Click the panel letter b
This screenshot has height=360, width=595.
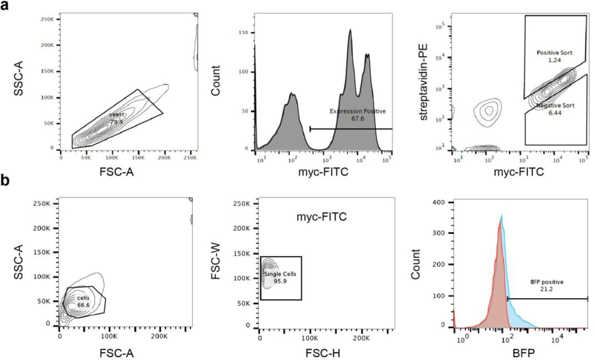pos(5,180)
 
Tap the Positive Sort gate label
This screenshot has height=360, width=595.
pos(554,53)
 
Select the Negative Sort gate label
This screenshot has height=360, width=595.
pos(555,105)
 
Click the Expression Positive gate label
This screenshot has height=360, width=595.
pos(357,111)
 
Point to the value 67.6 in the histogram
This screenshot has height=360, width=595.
pos(357,119)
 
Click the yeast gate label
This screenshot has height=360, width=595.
pos(117,114)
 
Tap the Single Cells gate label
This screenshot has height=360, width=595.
pos(280,274)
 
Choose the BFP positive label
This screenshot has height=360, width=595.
pos(547,282)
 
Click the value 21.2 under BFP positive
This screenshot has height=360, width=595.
pos(546,289)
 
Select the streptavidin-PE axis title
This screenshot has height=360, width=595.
pos(423,82)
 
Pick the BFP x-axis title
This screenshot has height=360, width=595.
pos(523,353)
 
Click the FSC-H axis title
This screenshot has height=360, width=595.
pos(322,353)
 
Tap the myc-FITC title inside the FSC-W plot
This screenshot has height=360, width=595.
pos(321,216)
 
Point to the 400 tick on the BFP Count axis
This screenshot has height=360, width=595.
pos(438,202)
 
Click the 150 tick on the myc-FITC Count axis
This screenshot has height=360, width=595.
pos(243,33)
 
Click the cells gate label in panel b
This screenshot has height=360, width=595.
pos(83,298)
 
